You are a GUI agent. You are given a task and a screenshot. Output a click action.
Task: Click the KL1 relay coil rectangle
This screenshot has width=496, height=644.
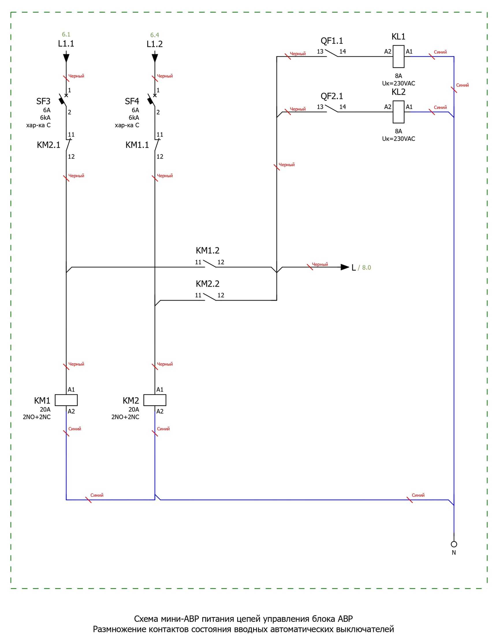pyautogui.click(x=398, y=57)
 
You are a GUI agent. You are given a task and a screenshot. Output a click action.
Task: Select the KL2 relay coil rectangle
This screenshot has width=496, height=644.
pyautogui.click(x=398, y=112)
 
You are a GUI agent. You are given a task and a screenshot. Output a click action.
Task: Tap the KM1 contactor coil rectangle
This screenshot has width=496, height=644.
pyautogui.click(x=66, y=400)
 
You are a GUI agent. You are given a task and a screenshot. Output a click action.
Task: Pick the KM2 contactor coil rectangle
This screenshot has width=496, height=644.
pyautogui.click(x=155, y=400)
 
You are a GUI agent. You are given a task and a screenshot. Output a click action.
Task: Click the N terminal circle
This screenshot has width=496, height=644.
pyautogui.click(x=454, y=544)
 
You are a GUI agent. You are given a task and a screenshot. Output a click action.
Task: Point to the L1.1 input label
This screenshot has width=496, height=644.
pyautogui.click(x=66, y=44)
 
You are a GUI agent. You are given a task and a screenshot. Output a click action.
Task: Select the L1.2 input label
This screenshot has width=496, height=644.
pyautogui.click(x=155, y=44)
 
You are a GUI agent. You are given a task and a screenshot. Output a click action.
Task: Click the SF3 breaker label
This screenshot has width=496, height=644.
pyautogui.click(x=43, y=101)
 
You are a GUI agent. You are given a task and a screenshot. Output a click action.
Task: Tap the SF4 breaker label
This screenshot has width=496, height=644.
pyautogui.click(x=132, y=101)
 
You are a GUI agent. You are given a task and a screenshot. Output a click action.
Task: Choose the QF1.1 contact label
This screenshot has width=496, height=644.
pyautogui.click(x=332, y=41)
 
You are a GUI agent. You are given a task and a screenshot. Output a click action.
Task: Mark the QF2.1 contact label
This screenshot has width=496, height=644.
pyautogui.click(x=332, y=96)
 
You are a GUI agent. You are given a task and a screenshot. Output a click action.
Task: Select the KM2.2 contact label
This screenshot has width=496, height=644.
pyautogui.click(x=208, y=284)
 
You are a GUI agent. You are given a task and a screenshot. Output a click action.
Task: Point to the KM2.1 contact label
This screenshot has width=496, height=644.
pyautogui.click(x=49, y=145)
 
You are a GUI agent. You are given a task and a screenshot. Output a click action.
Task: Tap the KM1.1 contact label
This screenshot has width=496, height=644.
pyautogui.click(x=137, y=145)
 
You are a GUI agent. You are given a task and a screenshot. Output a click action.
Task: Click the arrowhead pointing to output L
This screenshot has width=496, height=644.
pyautogui.click(x=345, y=267)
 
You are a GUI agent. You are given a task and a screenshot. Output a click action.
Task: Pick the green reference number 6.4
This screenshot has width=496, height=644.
pyautogui.click(x=155, y=35)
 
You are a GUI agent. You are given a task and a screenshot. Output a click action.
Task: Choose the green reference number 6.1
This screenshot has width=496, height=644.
pyautogui.click(x=66, y=34)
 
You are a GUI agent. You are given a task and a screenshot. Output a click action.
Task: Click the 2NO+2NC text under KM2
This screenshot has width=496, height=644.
pyautogui.click(x=125, y=417)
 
